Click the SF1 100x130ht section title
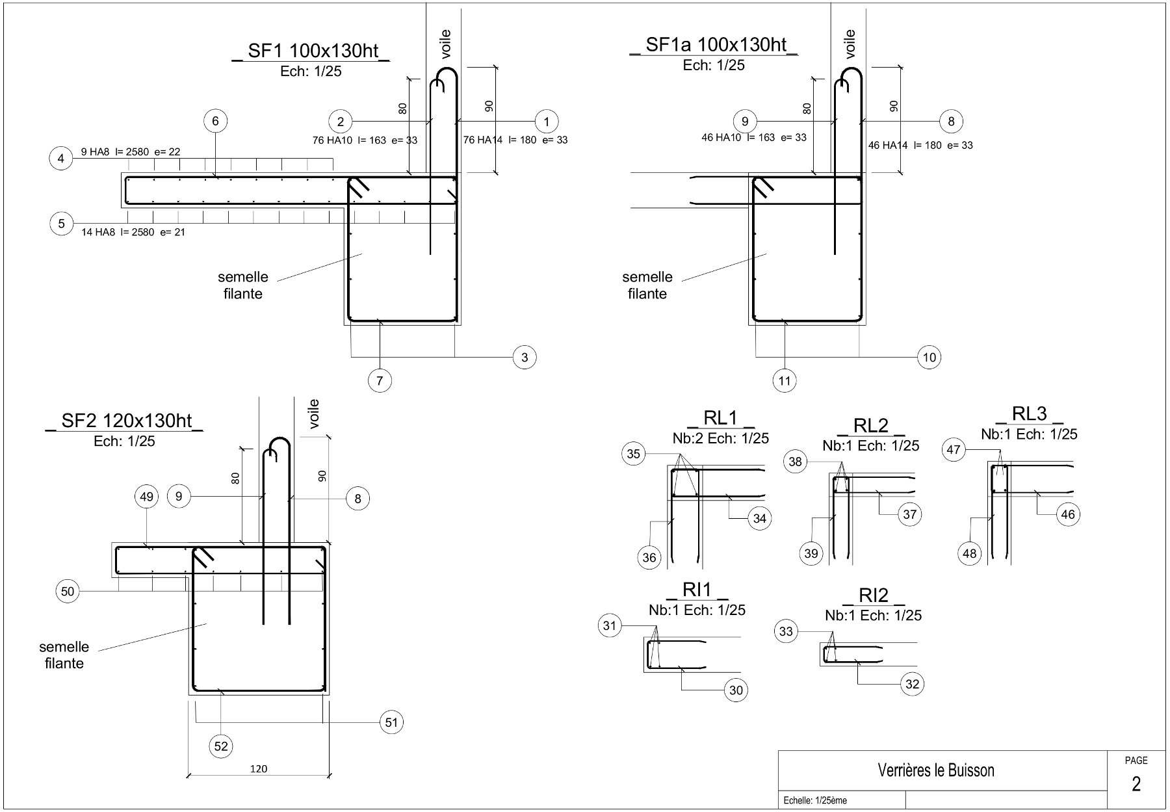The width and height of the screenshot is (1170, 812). (311, 51)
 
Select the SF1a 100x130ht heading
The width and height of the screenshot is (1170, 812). (714, 45)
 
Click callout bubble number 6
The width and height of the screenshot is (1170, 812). (215, 121)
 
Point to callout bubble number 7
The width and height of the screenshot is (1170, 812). (380, 380)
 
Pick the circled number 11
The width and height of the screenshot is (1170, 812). (785, 380)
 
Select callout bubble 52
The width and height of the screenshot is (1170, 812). (221, 746)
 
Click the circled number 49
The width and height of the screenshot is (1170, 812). (147, 497)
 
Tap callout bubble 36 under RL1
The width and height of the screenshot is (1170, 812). (649, 557)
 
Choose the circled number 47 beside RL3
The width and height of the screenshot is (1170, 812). (954, 449)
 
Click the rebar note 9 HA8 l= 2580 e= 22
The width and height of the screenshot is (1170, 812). (131, 152)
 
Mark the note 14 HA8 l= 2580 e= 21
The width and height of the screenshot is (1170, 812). (133, 232)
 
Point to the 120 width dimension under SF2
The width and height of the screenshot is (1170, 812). (259, 769)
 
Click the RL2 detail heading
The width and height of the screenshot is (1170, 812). (871, 426)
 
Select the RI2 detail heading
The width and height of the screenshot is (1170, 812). (874, 596)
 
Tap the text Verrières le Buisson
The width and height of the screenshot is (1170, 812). (936, 770)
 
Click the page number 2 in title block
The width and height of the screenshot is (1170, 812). (1136, 784)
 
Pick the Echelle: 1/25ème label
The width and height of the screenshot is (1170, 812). (815, 801)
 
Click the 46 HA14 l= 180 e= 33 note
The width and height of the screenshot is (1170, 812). (920, 145)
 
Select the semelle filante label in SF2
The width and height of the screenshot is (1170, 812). (64, 655)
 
